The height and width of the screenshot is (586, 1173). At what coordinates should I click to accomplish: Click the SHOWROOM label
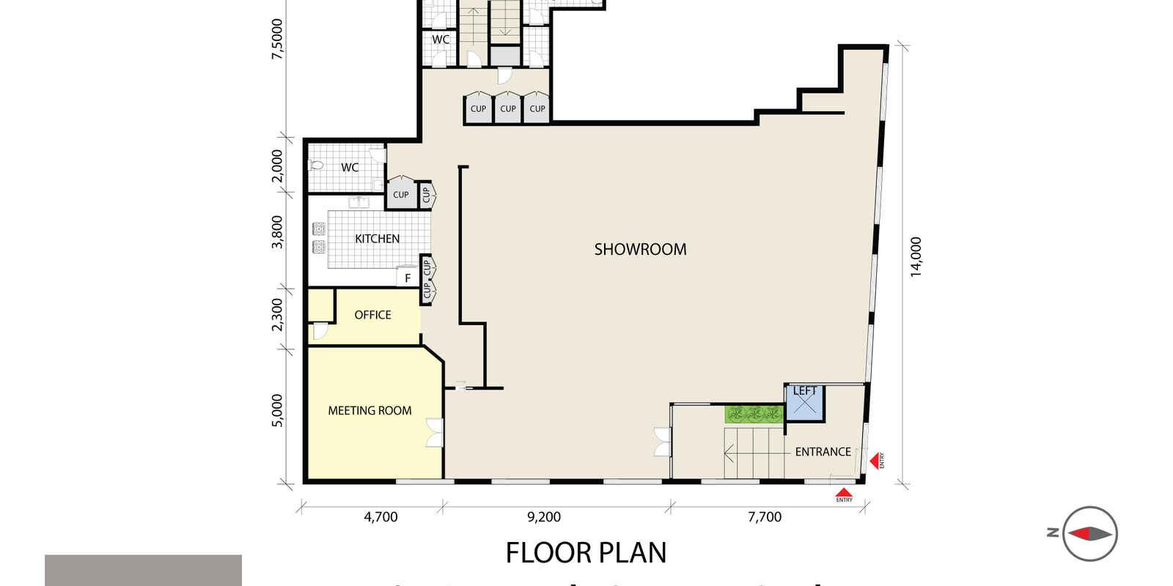tap(640, 249)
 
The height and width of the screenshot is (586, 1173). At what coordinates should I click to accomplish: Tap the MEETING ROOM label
tap(369, 411)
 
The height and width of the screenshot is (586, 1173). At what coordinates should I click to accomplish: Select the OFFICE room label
tap(372, 315)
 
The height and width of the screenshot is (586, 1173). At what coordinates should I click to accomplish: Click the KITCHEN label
tap(377, 239)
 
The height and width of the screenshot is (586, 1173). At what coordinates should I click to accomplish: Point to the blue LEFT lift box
tap(804, 403)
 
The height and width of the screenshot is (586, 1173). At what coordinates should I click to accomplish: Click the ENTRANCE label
tap(823, 452)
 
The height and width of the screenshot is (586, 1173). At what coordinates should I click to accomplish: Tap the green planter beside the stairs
tap(754, 415)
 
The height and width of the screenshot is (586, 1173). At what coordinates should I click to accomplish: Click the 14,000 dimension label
tap(916, 257)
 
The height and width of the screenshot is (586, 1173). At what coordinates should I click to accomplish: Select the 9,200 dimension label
tap(544, 517)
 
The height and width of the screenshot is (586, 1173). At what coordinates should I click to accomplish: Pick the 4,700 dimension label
tap(380, 517)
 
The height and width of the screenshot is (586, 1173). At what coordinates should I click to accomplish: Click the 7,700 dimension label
tap(765, 517)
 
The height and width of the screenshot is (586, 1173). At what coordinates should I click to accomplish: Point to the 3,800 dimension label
tap(277, 231)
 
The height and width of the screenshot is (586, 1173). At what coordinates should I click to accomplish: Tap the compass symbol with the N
tap(1089, 533)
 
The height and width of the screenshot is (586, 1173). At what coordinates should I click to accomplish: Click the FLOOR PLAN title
tap(586, 553)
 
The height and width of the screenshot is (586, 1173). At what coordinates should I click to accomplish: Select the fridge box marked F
tap(408, 278)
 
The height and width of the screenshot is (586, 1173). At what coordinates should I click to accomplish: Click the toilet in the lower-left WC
tap(317, 165)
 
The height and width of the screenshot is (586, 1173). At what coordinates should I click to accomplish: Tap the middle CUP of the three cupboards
tap(507, 108)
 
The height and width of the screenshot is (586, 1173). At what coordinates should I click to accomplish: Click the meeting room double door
tap(435, 432)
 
